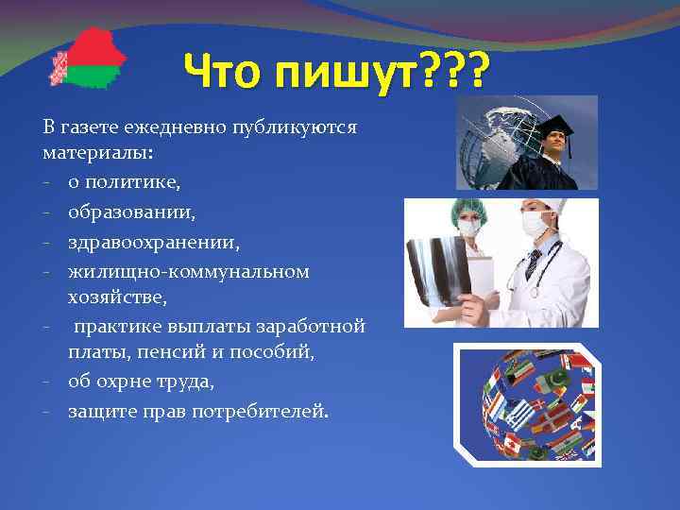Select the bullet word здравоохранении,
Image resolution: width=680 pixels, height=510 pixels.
click(x=153, y=243)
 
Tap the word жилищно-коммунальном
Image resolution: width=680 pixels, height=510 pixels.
click(x=188, y=273)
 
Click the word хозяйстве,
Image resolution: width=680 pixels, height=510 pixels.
click(x=116, y=297)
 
